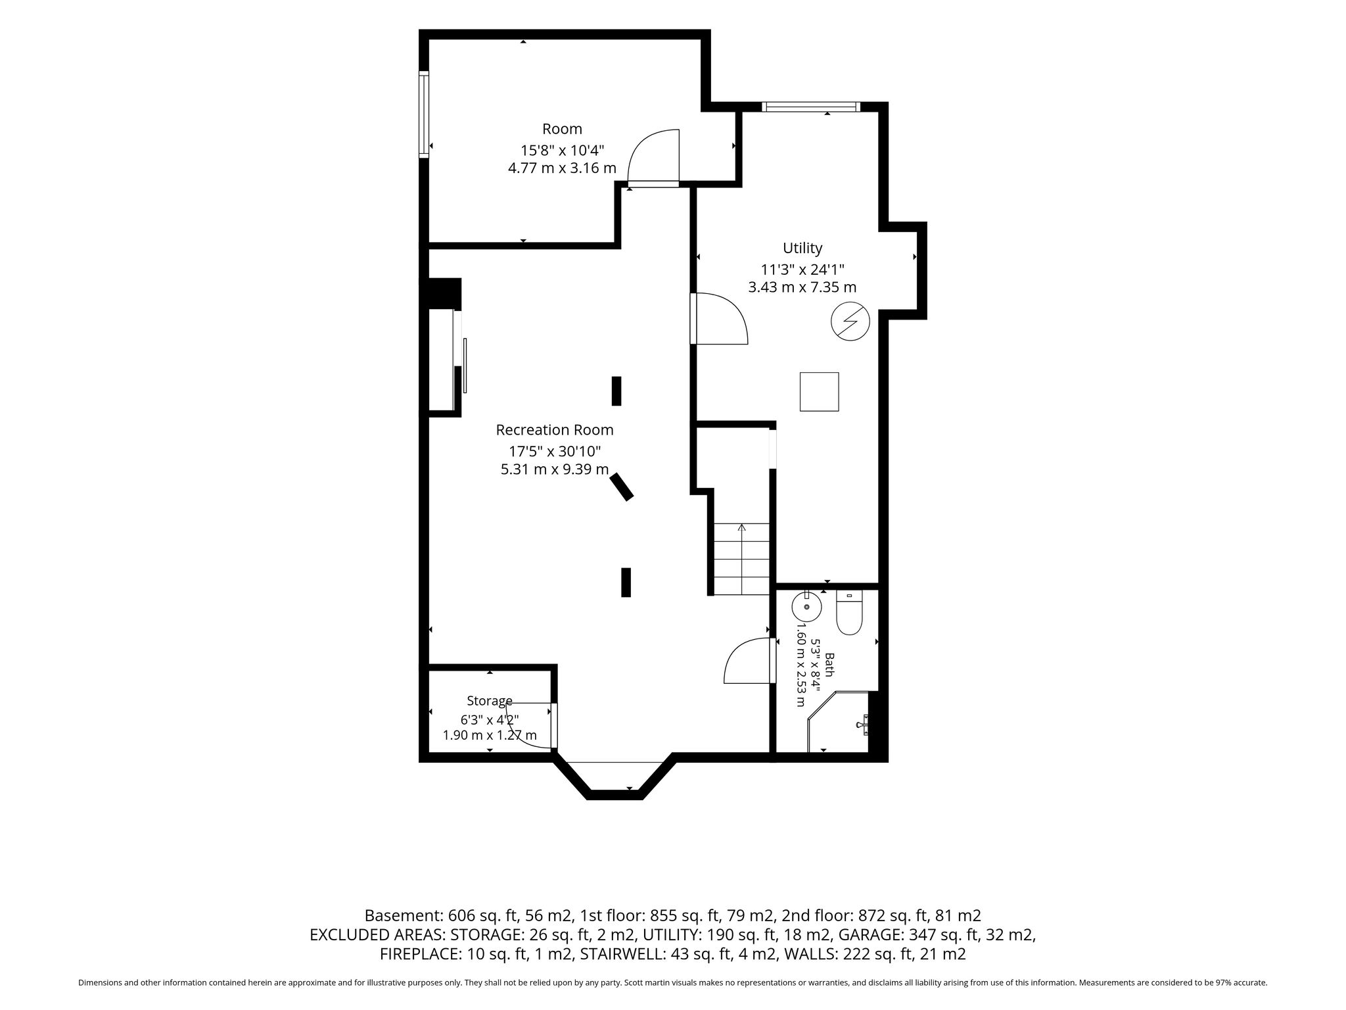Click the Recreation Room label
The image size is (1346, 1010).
pos(554,430)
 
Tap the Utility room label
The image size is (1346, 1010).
pos(802,248)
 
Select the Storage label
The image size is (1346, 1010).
pos(490,701)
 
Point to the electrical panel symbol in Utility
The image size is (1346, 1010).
pos(850,322)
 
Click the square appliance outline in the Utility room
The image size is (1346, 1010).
pos(819,392)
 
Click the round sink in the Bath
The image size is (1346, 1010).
pos(806,606)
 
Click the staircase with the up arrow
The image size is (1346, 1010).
pos(742,559)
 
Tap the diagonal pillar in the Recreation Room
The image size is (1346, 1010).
pos(622,487)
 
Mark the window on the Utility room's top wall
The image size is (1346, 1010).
pos(811,107)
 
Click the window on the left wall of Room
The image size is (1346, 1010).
pos(424,114)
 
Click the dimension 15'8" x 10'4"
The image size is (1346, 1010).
pos(562,150)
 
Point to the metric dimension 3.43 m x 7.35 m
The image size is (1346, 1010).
pos(802,287)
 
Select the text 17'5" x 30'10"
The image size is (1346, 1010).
pos(555,451)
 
